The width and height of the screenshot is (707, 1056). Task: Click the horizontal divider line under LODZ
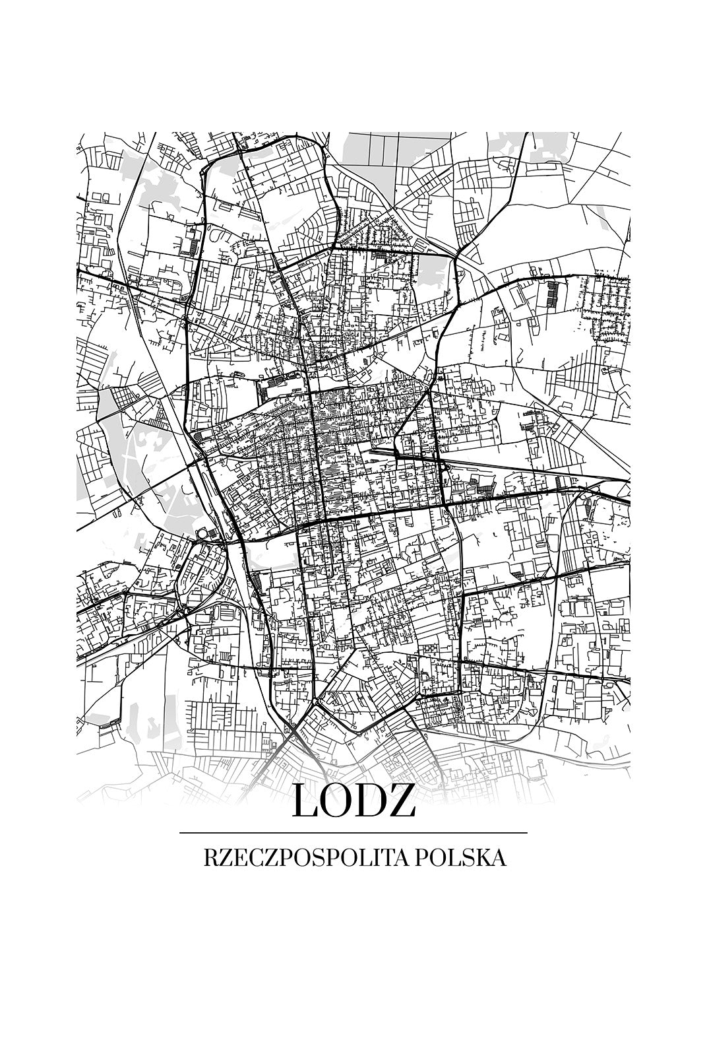click(x=353, y=833)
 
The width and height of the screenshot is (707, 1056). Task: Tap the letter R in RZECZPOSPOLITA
click(x=211, y=858)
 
